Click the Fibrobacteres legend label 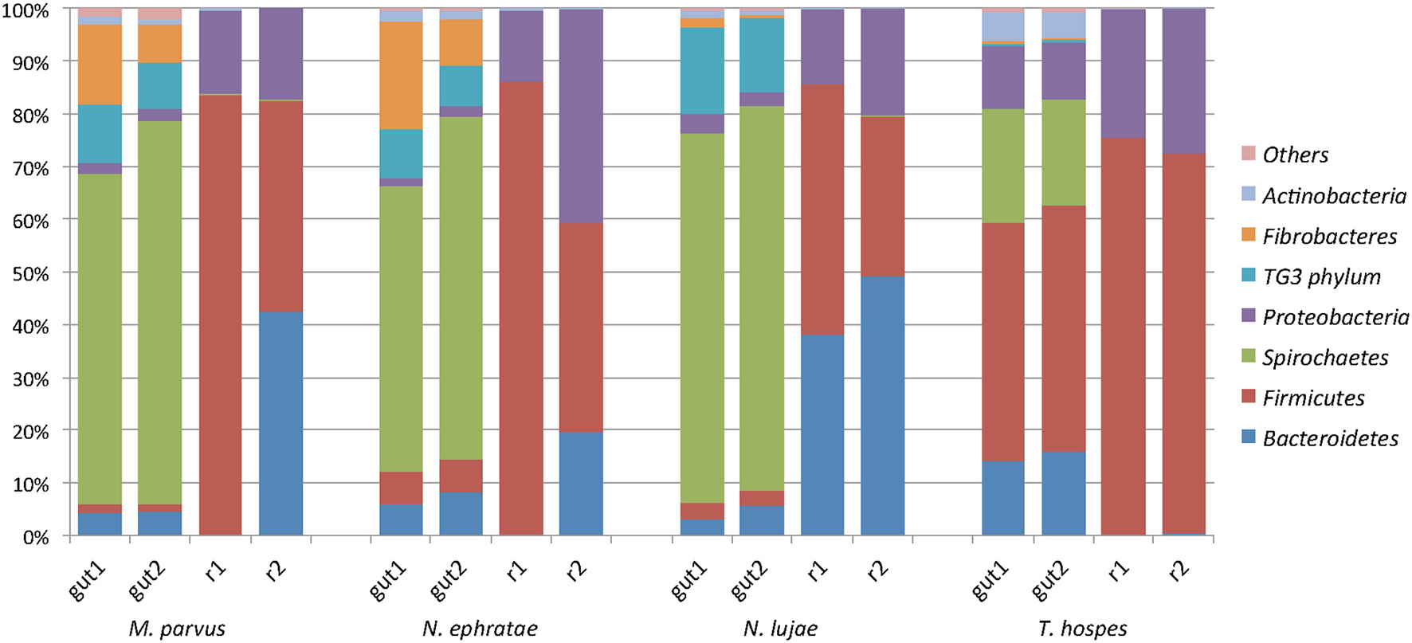(x=1329, y=237)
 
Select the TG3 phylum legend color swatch (x=1249, y=276)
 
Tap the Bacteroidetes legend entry (x=1330, y=439)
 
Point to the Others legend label (x=1295, y=155)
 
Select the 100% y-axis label (x=26, y=10)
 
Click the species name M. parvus (x=176, y=629)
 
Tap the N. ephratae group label (x=480, y=629)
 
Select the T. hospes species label (x=1082, y=629)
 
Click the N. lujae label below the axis (x=780, y=629)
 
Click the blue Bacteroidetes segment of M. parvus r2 (x=280, y=422)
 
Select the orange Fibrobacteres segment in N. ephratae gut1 (x=401, y=75)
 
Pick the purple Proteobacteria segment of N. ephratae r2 (x=581, y=116)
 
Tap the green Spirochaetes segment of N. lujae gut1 (x=702, y=319)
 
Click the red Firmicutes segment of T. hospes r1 (x=1124, y=335)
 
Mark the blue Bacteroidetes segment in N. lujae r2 (x=882, y=406)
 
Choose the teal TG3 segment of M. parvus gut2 (x=159, y=86)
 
